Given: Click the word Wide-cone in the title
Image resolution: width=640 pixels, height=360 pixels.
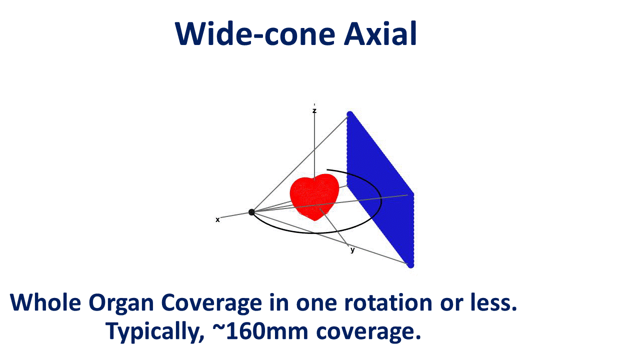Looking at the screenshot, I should pos(255,34).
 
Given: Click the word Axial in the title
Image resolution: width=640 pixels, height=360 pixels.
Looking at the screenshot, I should pos(380,34).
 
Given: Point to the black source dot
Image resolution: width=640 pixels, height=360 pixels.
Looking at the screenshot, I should pos(251,212).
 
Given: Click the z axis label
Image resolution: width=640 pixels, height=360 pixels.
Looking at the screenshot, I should pos(314,110).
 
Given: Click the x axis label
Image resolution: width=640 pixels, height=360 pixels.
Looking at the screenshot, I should pos(217,219).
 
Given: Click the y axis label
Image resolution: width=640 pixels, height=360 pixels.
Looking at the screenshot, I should pos(352,250).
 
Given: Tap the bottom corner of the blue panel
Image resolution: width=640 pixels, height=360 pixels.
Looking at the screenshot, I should pos(410,265).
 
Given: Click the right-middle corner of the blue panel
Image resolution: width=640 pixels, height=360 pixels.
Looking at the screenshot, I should pos(412,194).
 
